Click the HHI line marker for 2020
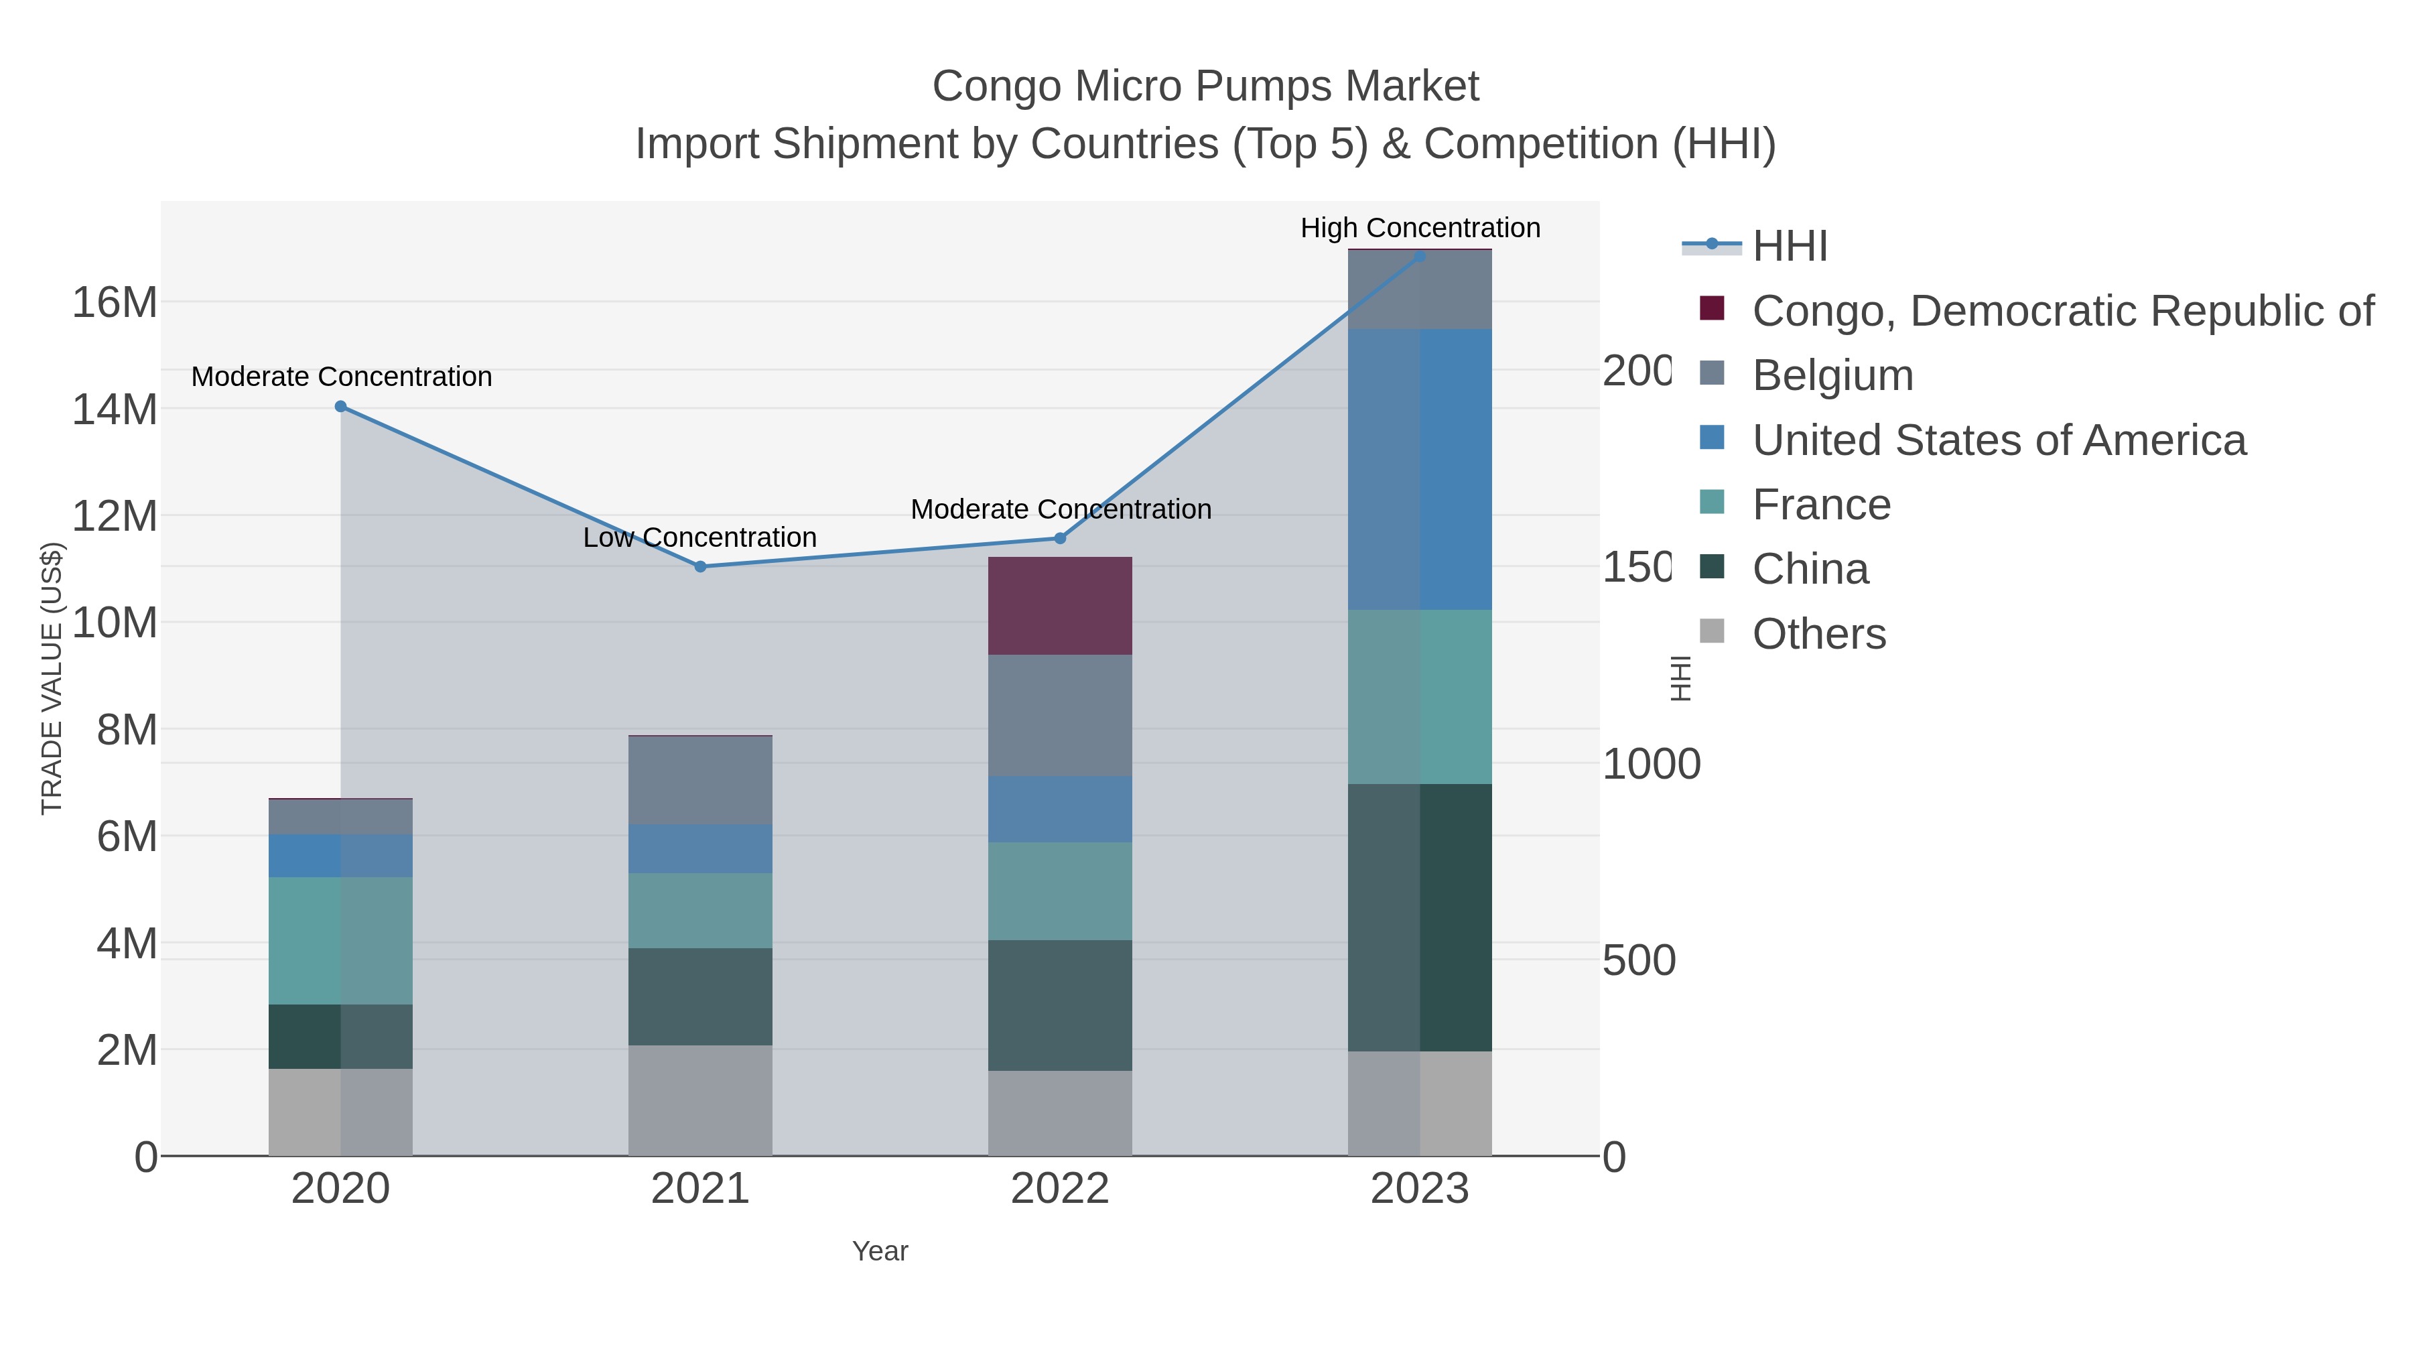341,407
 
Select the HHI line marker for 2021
700,566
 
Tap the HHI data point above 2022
1060,539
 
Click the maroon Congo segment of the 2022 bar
1060,606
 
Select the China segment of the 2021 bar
700,996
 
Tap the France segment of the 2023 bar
1420,697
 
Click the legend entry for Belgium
1832,375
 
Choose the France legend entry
1821,505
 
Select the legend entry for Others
1818,634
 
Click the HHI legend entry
1788,247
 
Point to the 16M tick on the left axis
114,302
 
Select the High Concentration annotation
1420,228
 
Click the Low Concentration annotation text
699,537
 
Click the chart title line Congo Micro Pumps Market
1205,86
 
